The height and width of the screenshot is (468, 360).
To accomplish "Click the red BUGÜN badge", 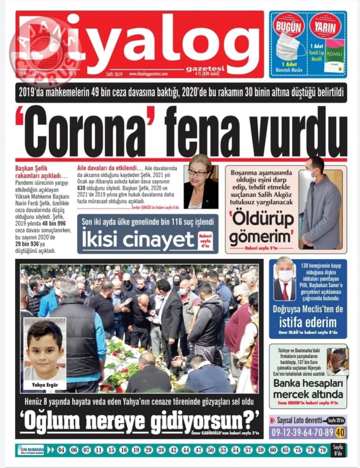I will (x=288, y=26).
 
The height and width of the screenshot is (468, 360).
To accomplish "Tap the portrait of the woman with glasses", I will (x=201, y=182).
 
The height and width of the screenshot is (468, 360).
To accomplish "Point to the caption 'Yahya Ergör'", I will (x=45, y=385).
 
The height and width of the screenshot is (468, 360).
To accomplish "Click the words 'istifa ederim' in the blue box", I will (x=308, y=322).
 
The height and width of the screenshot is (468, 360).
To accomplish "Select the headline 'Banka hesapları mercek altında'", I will (x=308, y=389).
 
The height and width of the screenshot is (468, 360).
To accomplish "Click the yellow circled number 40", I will (x=341, y=432).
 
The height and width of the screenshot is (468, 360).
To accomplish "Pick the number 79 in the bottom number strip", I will (x=323, y=450).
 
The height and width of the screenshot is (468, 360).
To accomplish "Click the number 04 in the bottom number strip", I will (x=62, y=450).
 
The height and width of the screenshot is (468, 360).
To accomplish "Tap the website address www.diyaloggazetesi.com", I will (x=148, y=74).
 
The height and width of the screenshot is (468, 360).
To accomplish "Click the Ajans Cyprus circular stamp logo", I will (x=45, y=50).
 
